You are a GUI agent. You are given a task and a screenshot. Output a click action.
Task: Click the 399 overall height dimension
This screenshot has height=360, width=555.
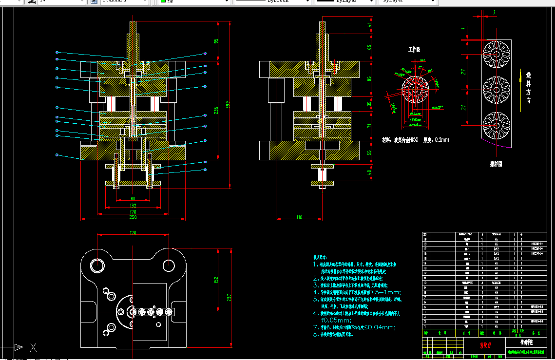coord(227,105)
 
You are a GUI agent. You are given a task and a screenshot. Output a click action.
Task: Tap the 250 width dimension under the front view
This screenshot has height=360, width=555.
coord(133,217)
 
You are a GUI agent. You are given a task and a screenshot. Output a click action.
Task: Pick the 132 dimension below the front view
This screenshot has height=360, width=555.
coord(133,206)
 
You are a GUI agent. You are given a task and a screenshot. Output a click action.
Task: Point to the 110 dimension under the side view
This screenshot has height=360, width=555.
coord(299,216)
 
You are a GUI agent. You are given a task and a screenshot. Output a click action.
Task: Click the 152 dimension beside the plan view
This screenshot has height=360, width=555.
coord(216,280)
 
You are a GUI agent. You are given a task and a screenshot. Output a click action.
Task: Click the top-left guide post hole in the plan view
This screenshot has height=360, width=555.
coord(97,265)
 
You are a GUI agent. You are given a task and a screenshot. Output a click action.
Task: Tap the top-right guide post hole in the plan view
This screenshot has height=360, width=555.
coord(169,265)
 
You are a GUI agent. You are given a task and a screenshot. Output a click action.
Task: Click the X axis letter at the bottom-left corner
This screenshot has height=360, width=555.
coord(33,347)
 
